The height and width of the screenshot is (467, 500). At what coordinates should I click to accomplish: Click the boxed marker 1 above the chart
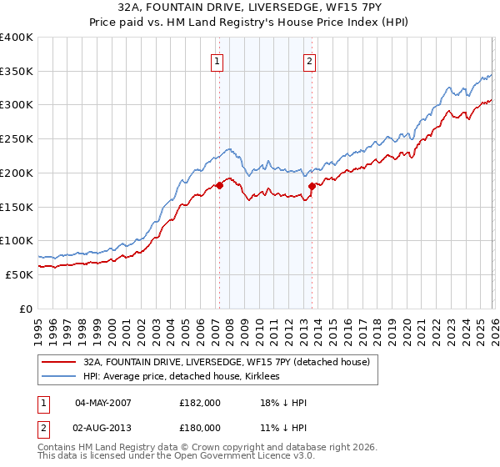(217, 61)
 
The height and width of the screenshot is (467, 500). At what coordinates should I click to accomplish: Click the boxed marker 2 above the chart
(309, 61)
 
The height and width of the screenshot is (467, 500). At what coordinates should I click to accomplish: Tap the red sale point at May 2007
(219, 185)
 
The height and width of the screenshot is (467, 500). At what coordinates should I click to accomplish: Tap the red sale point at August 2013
(312, 186)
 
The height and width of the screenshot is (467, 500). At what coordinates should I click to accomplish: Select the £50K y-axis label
(19, 274)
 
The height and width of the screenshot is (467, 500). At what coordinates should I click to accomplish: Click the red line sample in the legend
(59, 362)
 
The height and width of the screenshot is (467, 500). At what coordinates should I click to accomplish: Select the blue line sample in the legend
(59, 377)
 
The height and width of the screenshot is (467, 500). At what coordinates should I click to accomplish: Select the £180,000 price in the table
(200, 428)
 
